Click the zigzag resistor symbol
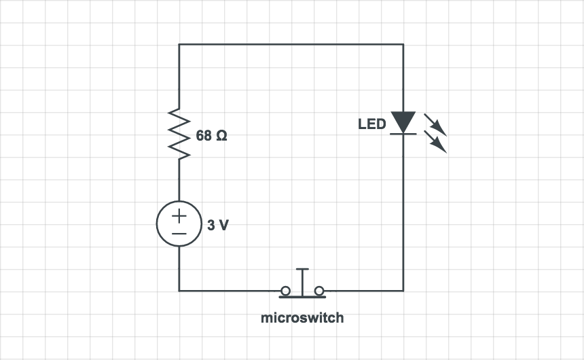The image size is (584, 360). pos(179,134)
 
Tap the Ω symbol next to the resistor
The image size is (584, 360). pos(221,136)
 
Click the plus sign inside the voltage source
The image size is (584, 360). pos(179,217)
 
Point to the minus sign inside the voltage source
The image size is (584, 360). pos(179,233)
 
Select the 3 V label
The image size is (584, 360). pos(218,225)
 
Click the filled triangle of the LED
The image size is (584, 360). pos(403,122)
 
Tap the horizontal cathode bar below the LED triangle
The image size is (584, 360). pos(403,134)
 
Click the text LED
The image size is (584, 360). pos(372,124)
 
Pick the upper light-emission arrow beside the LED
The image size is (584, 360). pos(435,124)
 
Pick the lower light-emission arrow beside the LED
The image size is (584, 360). pos(436,143)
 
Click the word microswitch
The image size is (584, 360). pos(302,318)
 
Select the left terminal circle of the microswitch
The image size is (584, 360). pos(286,291)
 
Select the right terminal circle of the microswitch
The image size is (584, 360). pos(319,291)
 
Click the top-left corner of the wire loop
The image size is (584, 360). pos(179,44)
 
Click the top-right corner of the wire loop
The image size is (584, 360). pos(403,44)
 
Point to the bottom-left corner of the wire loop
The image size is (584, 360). pos(179,291)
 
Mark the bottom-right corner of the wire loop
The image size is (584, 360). pos(403,291)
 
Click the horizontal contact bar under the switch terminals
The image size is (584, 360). pos(302,297)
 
